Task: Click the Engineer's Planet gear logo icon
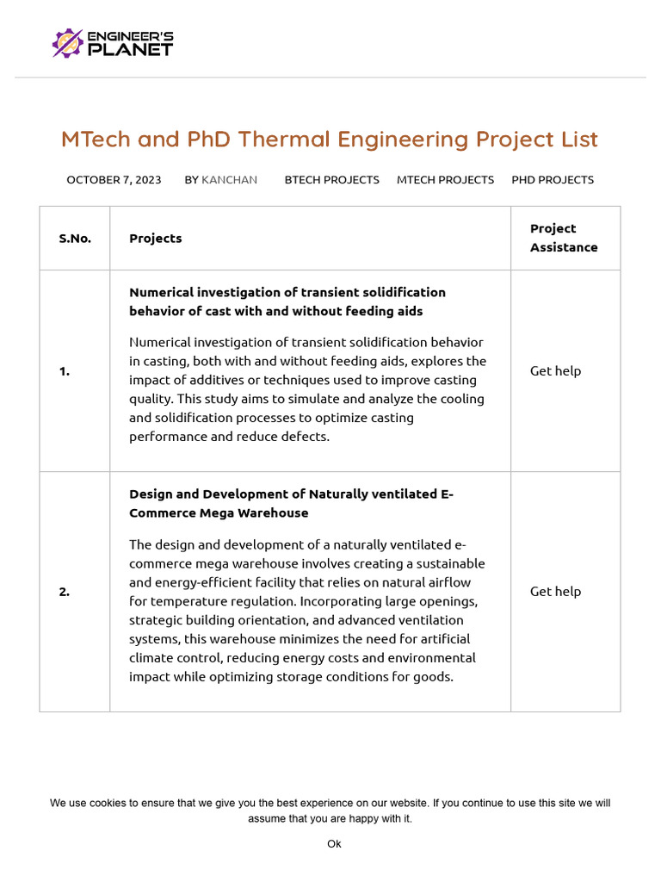pyautogui.click(x=68, y=43)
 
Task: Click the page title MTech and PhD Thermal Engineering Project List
pyautogui.click(x=330, y=140)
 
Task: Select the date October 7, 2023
pyautogui.click(x=114, y=180)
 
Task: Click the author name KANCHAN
pyautogui.click(x=229, y=180)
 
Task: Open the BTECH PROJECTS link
pyautogui.click(x=331, y=180)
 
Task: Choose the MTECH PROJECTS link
pyautogui.click(x=445, y=180)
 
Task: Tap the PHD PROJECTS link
pyautogui.click(x=553, y=180)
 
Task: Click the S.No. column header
pyautogui.click(x=75, y=239)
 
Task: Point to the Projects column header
pyautogui.click(x=156, y=239)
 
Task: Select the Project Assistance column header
pyautogui.click(x=564, y=238)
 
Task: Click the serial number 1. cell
pyautogui.click(x=65, y=371)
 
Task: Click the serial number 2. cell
pyautogui.click(x=65, y=592)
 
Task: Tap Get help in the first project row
pyautogui.click(x=555, y=371)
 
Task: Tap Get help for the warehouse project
pyautogui.click(x=555, y=592)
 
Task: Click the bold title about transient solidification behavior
pyautogui.click(x=287, y=301)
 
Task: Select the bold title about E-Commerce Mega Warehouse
pyautogui.click(x=291, y=504)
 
